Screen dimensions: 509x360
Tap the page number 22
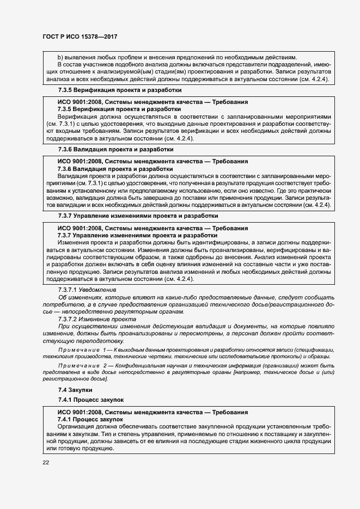pos(45,462)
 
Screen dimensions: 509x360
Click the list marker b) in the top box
pos(60,57)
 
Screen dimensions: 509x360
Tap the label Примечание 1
pos(80,348)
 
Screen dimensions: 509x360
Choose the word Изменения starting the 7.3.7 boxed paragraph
pos(74,242)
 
